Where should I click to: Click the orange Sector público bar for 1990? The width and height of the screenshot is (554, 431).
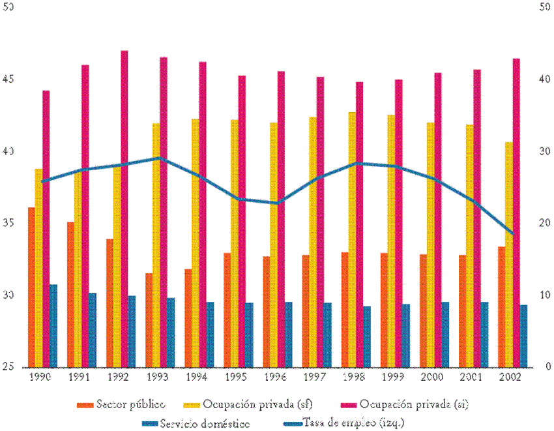(x=31, y=287)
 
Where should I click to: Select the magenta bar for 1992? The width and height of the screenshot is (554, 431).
(x=124, y=209)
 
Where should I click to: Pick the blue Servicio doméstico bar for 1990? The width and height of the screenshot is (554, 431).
(x=53, y=325)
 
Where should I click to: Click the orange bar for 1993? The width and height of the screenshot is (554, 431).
(x=149, y=320)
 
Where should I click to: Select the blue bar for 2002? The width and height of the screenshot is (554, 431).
(x=523, y=335)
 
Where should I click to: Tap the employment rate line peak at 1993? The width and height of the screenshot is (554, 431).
(x=160, y=158)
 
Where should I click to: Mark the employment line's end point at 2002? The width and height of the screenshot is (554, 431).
(x=512, y=233)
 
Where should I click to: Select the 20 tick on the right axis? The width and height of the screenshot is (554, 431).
(x=545, y=223)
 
